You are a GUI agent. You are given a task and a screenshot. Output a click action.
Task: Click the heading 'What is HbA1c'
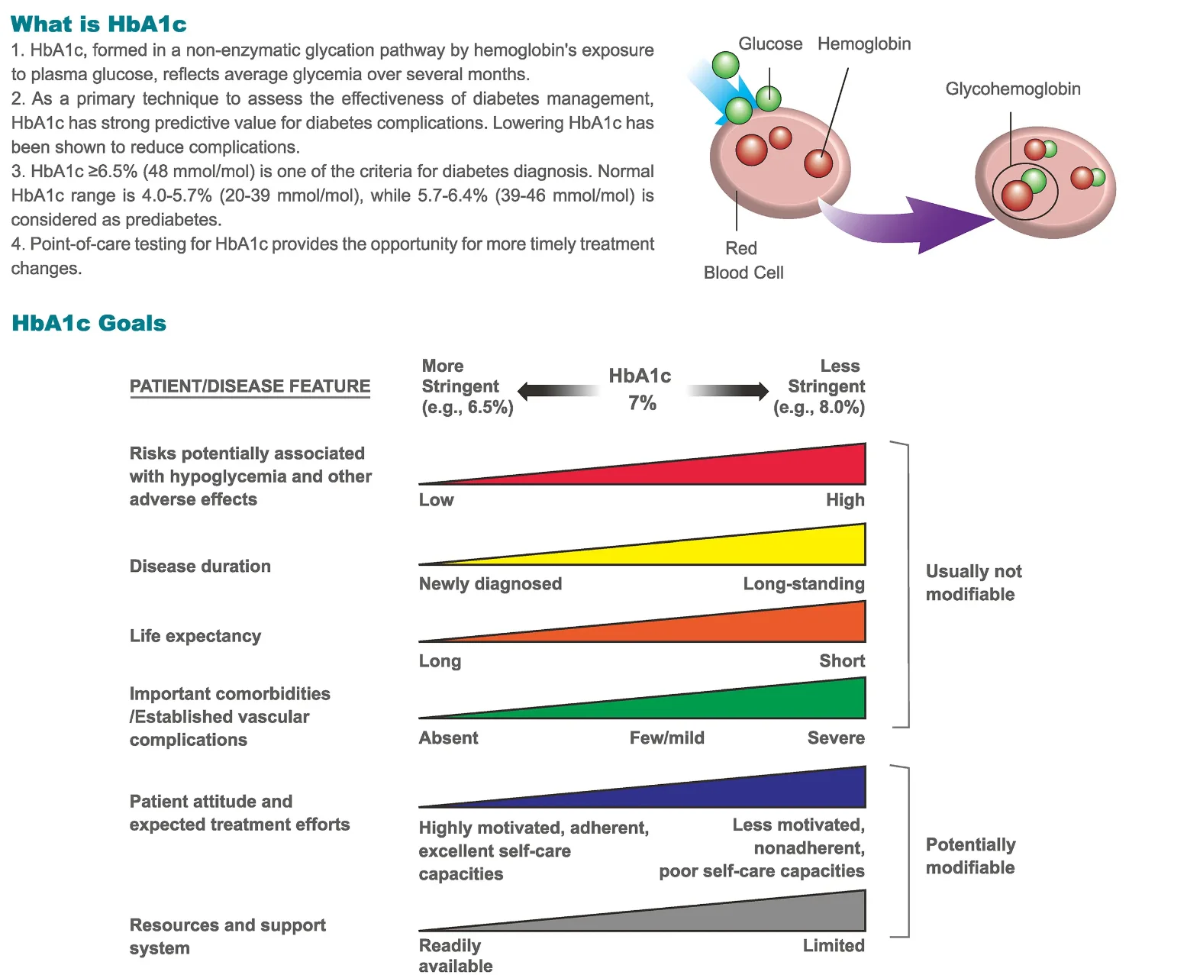point(98,24)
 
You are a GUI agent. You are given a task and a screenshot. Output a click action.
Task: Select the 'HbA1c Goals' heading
point(89,323)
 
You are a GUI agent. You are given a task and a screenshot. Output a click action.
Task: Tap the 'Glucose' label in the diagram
point(769,44)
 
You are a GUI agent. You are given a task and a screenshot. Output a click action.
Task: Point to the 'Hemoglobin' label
point(864,44)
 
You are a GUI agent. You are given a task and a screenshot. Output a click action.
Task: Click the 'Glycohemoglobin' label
point(1012,89)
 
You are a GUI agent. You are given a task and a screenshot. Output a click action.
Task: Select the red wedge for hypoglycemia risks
point(763,469)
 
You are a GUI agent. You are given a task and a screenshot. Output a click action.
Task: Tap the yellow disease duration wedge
point(763,549)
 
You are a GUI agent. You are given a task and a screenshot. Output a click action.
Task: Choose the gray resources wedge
point(763,915)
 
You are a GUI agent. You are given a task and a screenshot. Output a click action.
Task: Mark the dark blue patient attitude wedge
point(763,793)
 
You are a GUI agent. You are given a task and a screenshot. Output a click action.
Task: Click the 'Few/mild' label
point(666,738)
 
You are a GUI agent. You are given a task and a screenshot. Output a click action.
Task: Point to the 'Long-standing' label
point(803,584)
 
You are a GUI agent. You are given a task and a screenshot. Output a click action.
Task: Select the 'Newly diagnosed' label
point(490,584)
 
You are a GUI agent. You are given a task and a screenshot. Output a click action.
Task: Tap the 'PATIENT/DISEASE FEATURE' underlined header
point(250,386)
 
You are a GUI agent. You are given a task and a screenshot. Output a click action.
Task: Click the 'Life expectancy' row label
point(195,636)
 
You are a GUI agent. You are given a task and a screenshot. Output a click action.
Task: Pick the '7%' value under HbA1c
point(642,403)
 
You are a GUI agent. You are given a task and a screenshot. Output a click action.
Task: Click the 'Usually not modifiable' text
point(973,583)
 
